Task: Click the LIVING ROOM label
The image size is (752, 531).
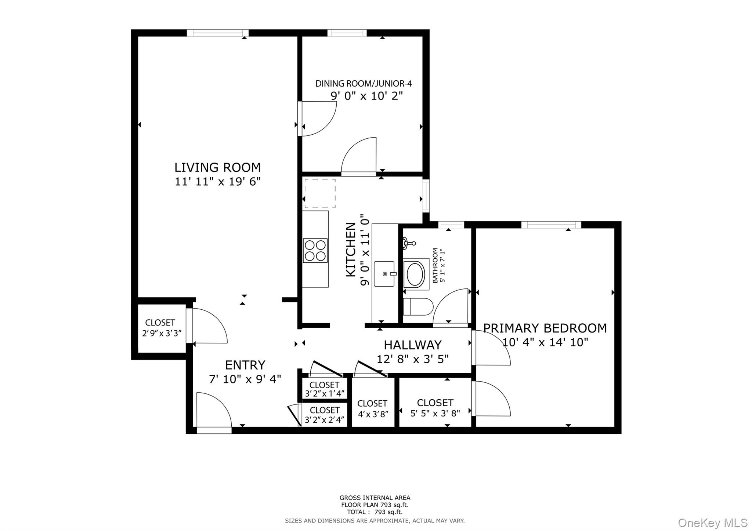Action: (217, 168)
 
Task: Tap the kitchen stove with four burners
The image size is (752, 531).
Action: (315, 251)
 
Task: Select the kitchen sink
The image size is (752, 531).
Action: (384, 274)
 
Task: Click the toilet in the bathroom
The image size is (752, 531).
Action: (418, 307)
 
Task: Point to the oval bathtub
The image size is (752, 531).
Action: (416, 274)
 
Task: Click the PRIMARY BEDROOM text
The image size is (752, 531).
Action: (545, 328)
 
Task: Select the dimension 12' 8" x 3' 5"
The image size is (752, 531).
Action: (413, 359)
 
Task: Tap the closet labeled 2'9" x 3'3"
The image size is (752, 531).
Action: (160, 328)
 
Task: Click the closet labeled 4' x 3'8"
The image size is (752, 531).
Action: (372, 408)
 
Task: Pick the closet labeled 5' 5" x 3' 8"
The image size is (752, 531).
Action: (435, 407)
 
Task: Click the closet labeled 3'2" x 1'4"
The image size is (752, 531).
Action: (325, 389)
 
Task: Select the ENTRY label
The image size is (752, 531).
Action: (245, 365)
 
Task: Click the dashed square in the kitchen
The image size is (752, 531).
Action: (320, 194)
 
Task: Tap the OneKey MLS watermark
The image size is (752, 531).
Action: (712, 522)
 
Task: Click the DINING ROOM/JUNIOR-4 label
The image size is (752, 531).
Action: (364, 84)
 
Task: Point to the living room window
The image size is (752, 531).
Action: (217, 33)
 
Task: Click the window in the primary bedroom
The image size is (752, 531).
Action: (551, 225)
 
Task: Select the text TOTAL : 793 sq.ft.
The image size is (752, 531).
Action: (375, 512)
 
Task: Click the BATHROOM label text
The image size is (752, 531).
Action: (435, 265)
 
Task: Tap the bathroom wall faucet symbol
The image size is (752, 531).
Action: (408, 243)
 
